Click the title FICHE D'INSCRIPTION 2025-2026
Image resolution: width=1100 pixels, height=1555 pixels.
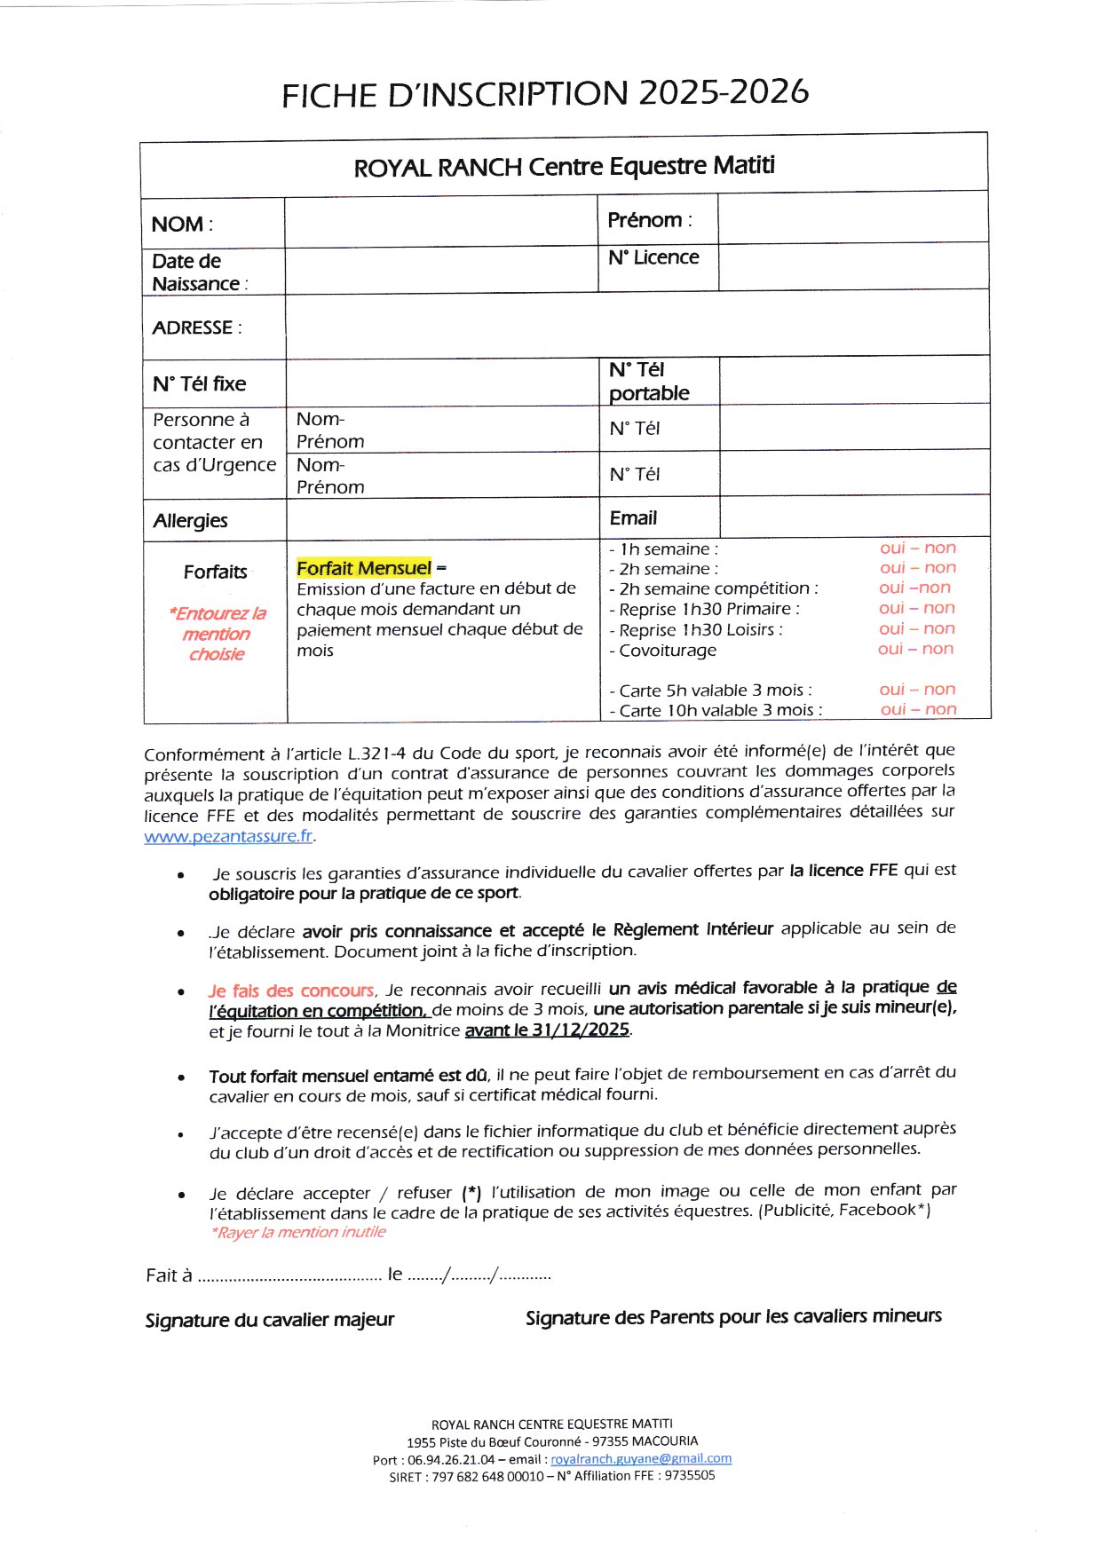(545, 93)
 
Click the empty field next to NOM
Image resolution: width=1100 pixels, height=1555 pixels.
(441, 222)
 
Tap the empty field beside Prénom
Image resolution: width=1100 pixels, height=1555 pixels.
(852, 218)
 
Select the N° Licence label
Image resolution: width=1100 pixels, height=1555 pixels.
(653, 257)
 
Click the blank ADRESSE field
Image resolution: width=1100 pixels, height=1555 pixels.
(637, 327)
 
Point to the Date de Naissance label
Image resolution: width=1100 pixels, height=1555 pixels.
(200, 272)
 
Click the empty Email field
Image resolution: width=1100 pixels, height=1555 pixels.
(854, 517)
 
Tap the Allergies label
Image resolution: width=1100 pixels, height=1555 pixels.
(190, 521)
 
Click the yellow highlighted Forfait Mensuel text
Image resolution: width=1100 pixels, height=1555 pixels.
(364, 568)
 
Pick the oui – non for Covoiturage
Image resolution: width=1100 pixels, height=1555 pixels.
(915, 649)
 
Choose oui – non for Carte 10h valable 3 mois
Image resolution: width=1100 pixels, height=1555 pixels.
(918, 709)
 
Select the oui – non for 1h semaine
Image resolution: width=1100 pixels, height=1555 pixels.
(918, 548)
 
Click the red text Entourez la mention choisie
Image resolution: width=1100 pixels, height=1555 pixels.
(217, 634)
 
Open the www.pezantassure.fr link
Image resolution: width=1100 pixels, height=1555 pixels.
(228, 836)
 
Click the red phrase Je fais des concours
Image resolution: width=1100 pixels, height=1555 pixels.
(291, 991)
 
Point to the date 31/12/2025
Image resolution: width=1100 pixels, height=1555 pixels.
(581, 1030)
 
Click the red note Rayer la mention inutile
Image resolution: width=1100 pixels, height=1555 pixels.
(298, 1232)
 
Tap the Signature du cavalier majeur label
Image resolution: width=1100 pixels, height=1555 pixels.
(269, 1320)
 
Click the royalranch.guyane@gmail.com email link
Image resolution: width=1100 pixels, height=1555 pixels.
(641, 1458)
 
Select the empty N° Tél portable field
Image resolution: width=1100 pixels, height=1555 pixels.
(854, 381)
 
